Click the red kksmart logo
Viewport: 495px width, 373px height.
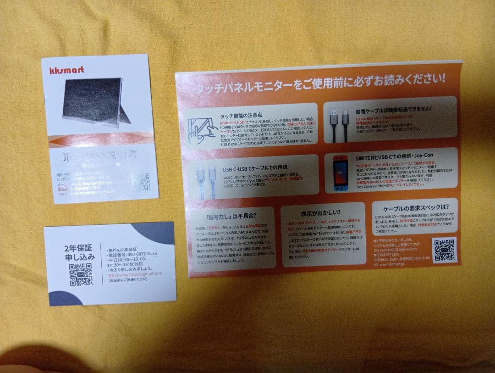[x=66, y=70]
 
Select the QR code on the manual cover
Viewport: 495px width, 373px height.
[x=140, y=182]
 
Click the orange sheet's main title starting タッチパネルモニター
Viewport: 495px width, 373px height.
[x=320, y=84]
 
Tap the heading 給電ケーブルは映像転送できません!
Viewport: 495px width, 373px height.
[x=394, y=110]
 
